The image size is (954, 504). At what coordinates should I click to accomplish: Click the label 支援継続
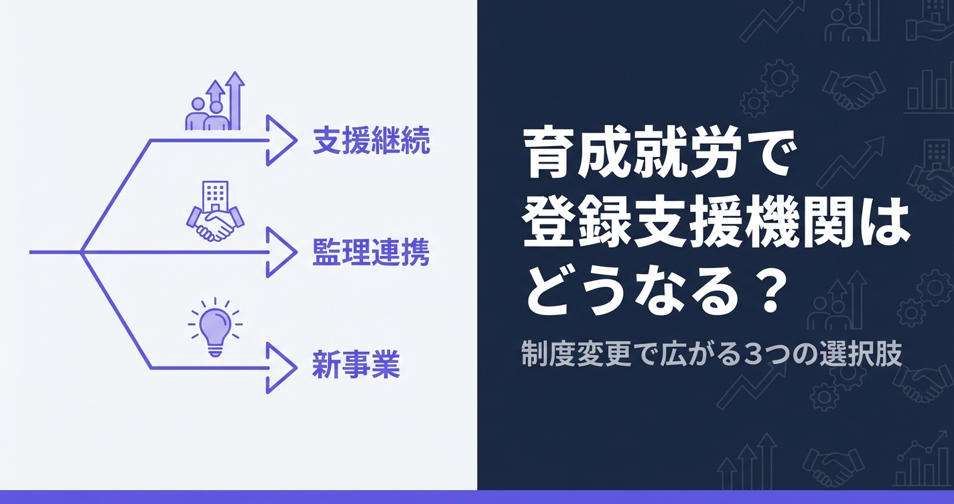click(370, 141)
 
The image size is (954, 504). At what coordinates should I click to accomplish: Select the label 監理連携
click(370, 253)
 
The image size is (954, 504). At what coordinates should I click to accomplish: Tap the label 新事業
click(356, 367)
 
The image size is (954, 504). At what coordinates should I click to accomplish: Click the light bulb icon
click(215, 328)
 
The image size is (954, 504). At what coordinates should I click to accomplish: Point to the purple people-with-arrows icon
click(215, 105)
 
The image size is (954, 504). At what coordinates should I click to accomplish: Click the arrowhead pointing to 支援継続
click(281, 140)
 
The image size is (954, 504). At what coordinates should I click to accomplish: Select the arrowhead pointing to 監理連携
click(281, 253)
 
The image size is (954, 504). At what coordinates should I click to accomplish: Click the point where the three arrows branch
click(81, 253)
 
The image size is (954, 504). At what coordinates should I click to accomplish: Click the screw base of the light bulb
click(215, 349)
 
